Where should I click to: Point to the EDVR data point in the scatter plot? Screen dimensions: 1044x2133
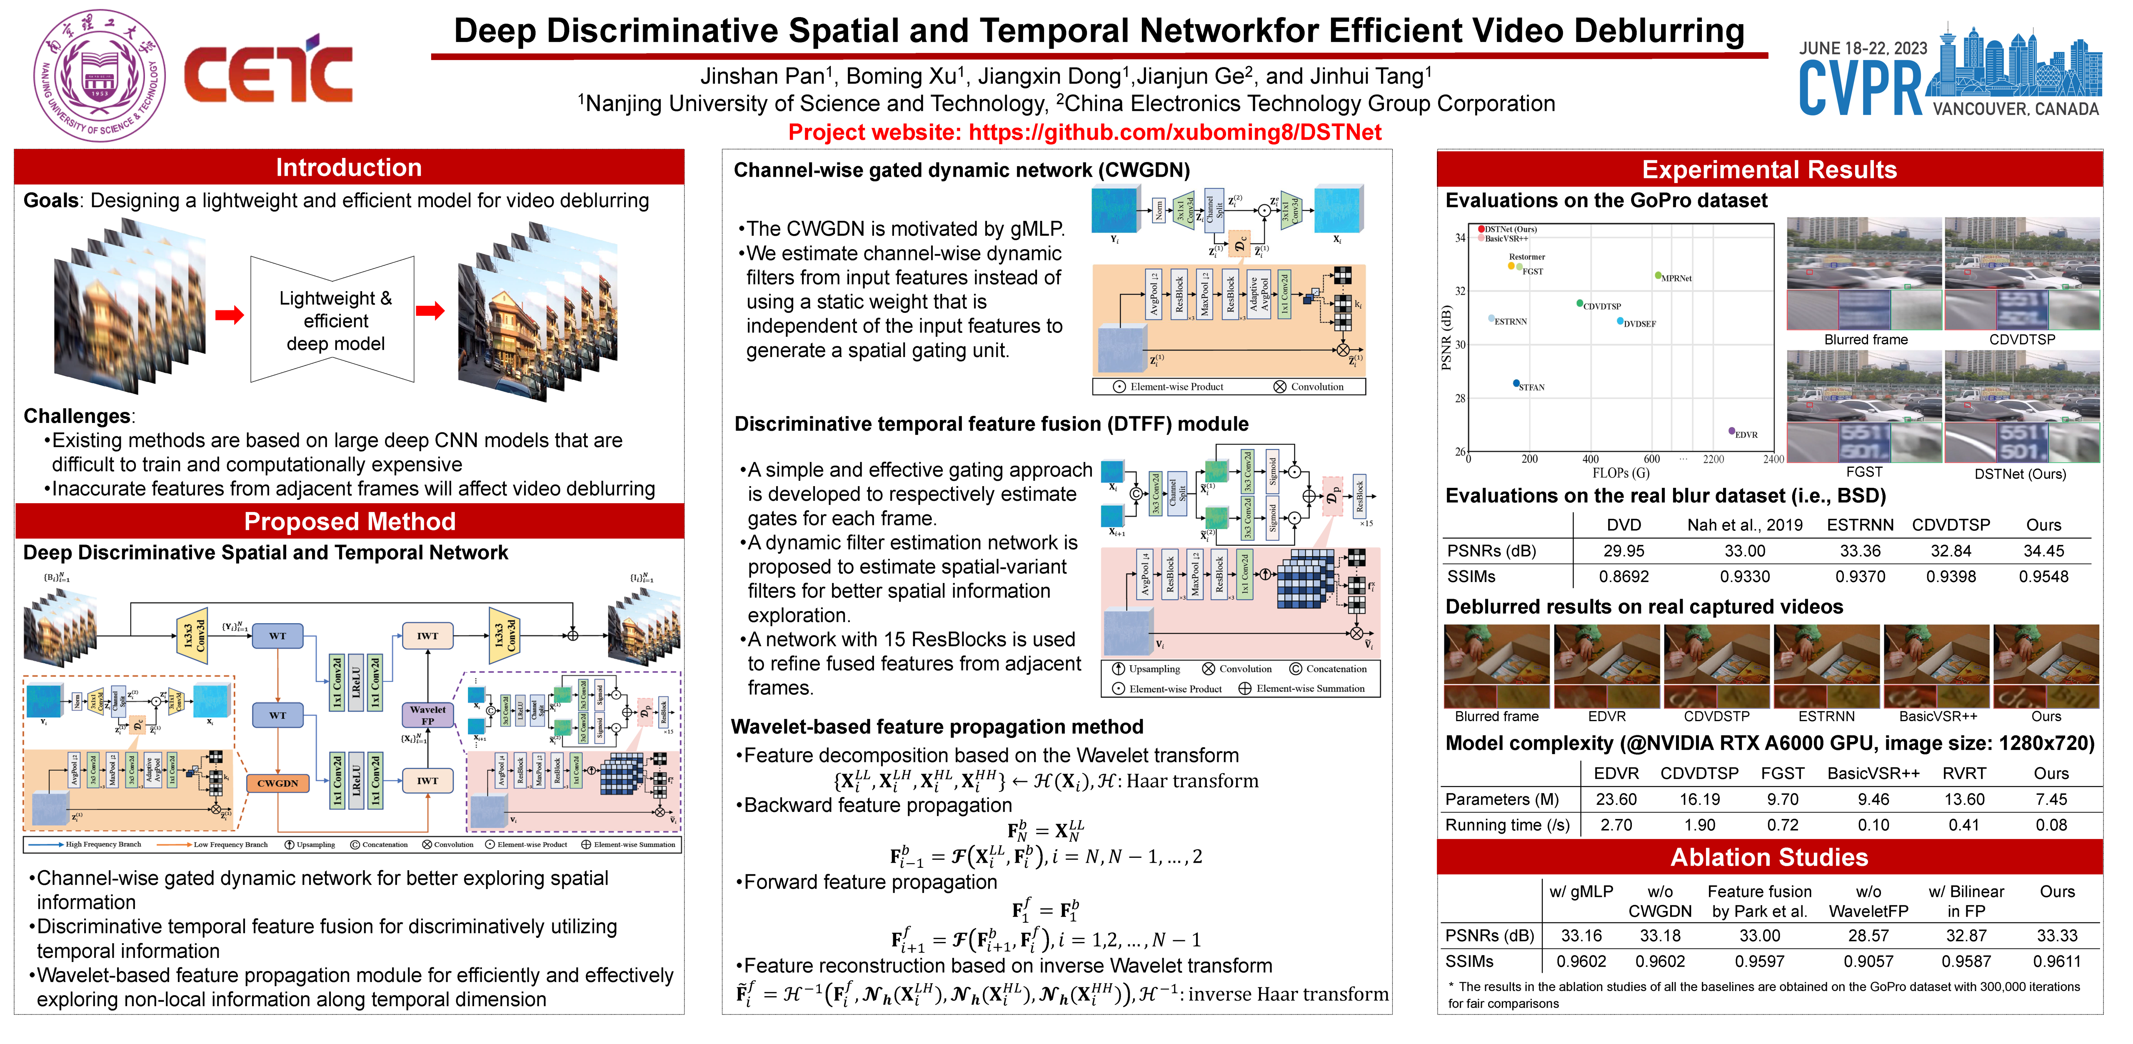click(x=1731, y=430)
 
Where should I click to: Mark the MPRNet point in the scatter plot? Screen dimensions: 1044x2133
click(x=1658, y=275)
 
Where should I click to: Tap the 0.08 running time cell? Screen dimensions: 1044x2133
click(x=2051, y=824)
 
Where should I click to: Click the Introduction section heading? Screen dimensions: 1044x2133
click(x=349, y=168)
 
